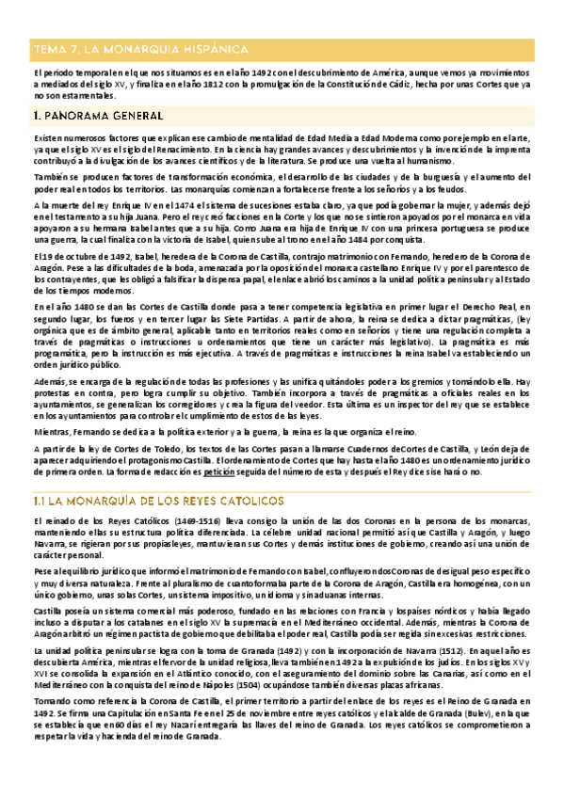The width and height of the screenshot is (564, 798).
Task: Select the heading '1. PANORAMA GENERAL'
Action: coord(98,116)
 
